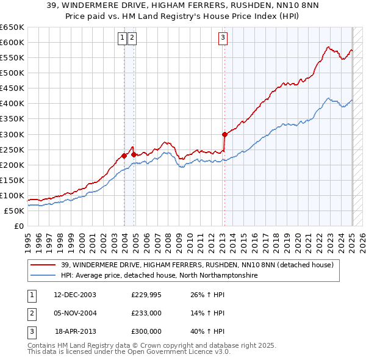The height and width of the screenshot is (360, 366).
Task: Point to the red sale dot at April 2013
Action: tap(224, 134)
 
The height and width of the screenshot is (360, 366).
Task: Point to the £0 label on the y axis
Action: tap(19, 226)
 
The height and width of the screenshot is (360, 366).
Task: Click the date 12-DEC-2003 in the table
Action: tap(75, 295)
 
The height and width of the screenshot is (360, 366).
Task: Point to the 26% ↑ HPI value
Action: tap(208, 295)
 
